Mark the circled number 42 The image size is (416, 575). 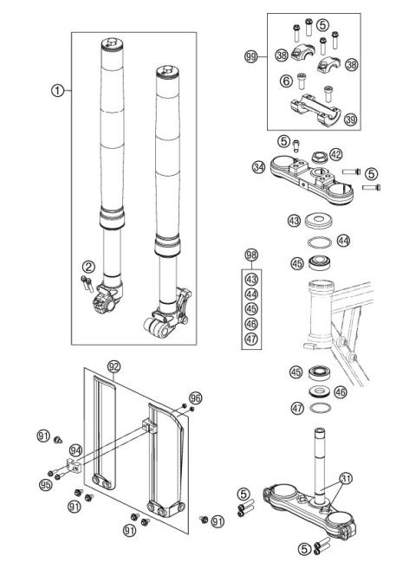click(336, 155)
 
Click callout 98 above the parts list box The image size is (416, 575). click(251, 255)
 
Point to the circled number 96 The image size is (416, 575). click(195, 397)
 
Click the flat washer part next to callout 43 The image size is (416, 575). click(319, 220)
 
